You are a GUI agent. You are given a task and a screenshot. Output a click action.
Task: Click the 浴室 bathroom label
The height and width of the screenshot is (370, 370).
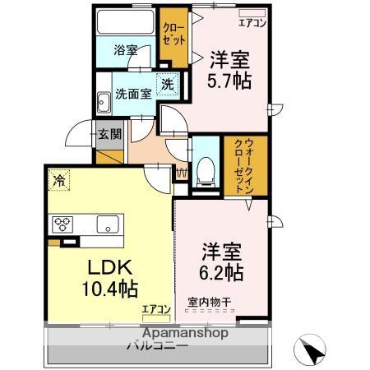click(x=126, y=50)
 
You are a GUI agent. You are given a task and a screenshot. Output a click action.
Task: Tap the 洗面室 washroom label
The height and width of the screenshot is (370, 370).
click(x=132, y=94)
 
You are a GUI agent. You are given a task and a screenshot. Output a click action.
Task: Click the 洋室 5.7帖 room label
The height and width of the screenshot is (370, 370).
click(x=229, y=70)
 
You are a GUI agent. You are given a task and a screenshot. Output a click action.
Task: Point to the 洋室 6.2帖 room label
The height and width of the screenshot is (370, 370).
click(x=223, y=259)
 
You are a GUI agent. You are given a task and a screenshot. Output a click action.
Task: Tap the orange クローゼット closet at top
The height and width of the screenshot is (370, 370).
click(x=173, y=38)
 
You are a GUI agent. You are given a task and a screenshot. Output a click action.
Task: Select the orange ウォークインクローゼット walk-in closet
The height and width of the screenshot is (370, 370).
click(x=246, y=165)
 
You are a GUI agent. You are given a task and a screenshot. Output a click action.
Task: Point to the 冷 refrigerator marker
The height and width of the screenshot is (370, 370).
click(x=59, y=177)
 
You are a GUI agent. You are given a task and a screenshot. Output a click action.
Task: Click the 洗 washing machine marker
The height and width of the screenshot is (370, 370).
click(x=167, y=84)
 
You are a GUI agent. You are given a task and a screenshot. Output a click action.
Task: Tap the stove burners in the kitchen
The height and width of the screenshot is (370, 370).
click(x=63, y=223)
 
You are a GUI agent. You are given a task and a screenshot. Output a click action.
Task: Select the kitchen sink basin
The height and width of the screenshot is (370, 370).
click(x=108, y=223)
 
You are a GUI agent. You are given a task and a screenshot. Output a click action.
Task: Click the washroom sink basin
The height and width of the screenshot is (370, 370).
click(x=104, y=104)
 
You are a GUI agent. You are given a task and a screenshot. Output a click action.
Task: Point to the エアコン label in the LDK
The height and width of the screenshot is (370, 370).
click(x=155, y=309)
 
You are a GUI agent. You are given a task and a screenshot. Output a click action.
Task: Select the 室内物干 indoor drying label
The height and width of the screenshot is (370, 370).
click(x=210, y=303)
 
